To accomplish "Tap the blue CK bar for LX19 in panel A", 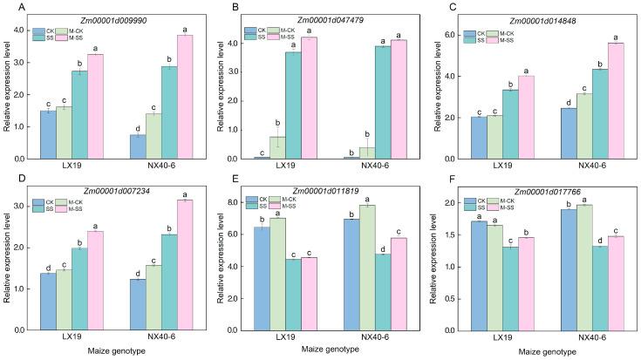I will [x=49, y=135].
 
